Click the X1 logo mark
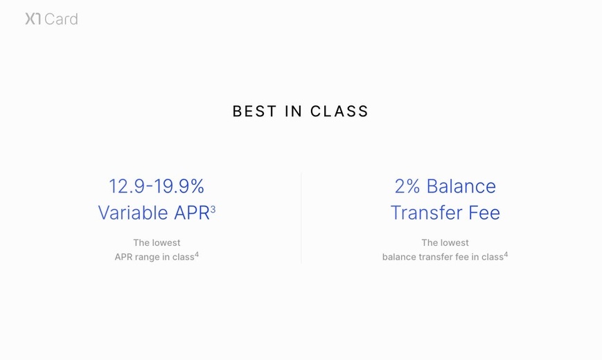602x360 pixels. pos(33,19)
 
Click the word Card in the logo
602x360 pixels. pos(61,19)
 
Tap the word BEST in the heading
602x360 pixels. pos(254,111)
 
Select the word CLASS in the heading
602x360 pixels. pos(339,111)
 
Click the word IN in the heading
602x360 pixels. pos(293,111)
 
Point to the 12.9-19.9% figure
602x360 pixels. pos(157,186)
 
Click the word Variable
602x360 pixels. pos(133,213)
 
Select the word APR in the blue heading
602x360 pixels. pos(192,213)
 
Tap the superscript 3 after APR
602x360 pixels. pos(213,209)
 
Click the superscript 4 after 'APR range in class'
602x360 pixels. pos(197,255)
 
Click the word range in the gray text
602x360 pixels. pos(147,257)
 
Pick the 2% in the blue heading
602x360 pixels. pos(407,186)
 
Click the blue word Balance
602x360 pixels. pos(461,186)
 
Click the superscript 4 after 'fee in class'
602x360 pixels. pos(506,255)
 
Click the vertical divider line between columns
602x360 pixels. pos(301,218)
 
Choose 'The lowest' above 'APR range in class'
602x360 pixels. pos(157,242)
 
